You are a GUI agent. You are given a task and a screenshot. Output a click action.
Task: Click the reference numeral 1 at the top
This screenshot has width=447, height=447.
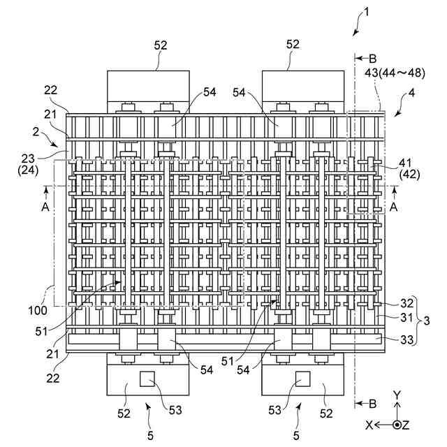pyautogui.click(x=367, y=12)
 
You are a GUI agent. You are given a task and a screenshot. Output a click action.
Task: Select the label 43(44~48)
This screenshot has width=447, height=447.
pyautogui.click(x=395, y=73)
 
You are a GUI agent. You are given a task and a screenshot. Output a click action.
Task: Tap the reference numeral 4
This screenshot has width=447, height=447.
pyautogui.click(x=412, y=93)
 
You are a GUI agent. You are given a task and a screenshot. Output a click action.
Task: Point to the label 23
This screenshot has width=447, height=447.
pyautogui.click(x=28, y=159)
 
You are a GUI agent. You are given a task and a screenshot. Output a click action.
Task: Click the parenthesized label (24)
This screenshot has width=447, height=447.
pyautogui.click(x=28, y=170)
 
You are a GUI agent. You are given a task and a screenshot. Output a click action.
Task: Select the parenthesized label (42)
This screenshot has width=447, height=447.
pyautogui.click(x=410, y=175)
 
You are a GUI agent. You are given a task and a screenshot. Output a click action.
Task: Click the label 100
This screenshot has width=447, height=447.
pyautogui.click(x=38, y=310)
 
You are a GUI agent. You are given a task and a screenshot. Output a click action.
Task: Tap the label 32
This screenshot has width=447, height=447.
pyautogui.click(x=406, y=303)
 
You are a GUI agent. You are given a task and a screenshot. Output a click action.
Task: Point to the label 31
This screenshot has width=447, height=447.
pyautogui.click(x=406, y=317)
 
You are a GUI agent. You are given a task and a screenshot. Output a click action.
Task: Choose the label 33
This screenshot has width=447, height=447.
pyautogui.click(x=406, y=339)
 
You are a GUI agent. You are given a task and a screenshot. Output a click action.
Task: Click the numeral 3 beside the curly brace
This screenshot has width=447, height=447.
pyautogui.click(x=427, y=321)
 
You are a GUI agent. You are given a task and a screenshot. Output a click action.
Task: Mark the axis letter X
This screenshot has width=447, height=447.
pyautogui.click(x=369, y=425)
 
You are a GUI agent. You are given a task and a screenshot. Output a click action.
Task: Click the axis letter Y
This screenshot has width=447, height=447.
pyautogui.click(x=397, y=395)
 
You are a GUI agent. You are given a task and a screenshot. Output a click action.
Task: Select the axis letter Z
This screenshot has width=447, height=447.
pyautogui.click(x=406, y=425)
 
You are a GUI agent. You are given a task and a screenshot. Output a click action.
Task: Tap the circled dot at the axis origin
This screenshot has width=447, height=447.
pyautogui.click(x=397, y=425)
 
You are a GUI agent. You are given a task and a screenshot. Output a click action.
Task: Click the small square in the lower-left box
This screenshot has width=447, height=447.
pyautogui.click(x=147, y=379)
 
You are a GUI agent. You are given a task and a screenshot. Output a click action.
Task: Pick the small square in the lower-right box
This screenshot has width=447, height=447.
pyautogui.click(x=302, y=379)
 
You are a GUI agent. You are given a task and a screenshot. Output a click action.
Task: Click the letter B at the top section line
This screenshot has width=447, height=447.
pyautogui.click(x=372, y=59)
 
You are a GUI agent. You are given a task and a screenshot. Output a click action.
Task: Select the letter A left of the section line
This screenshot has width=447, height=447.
pyautogui.click(x=45, y=207)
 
